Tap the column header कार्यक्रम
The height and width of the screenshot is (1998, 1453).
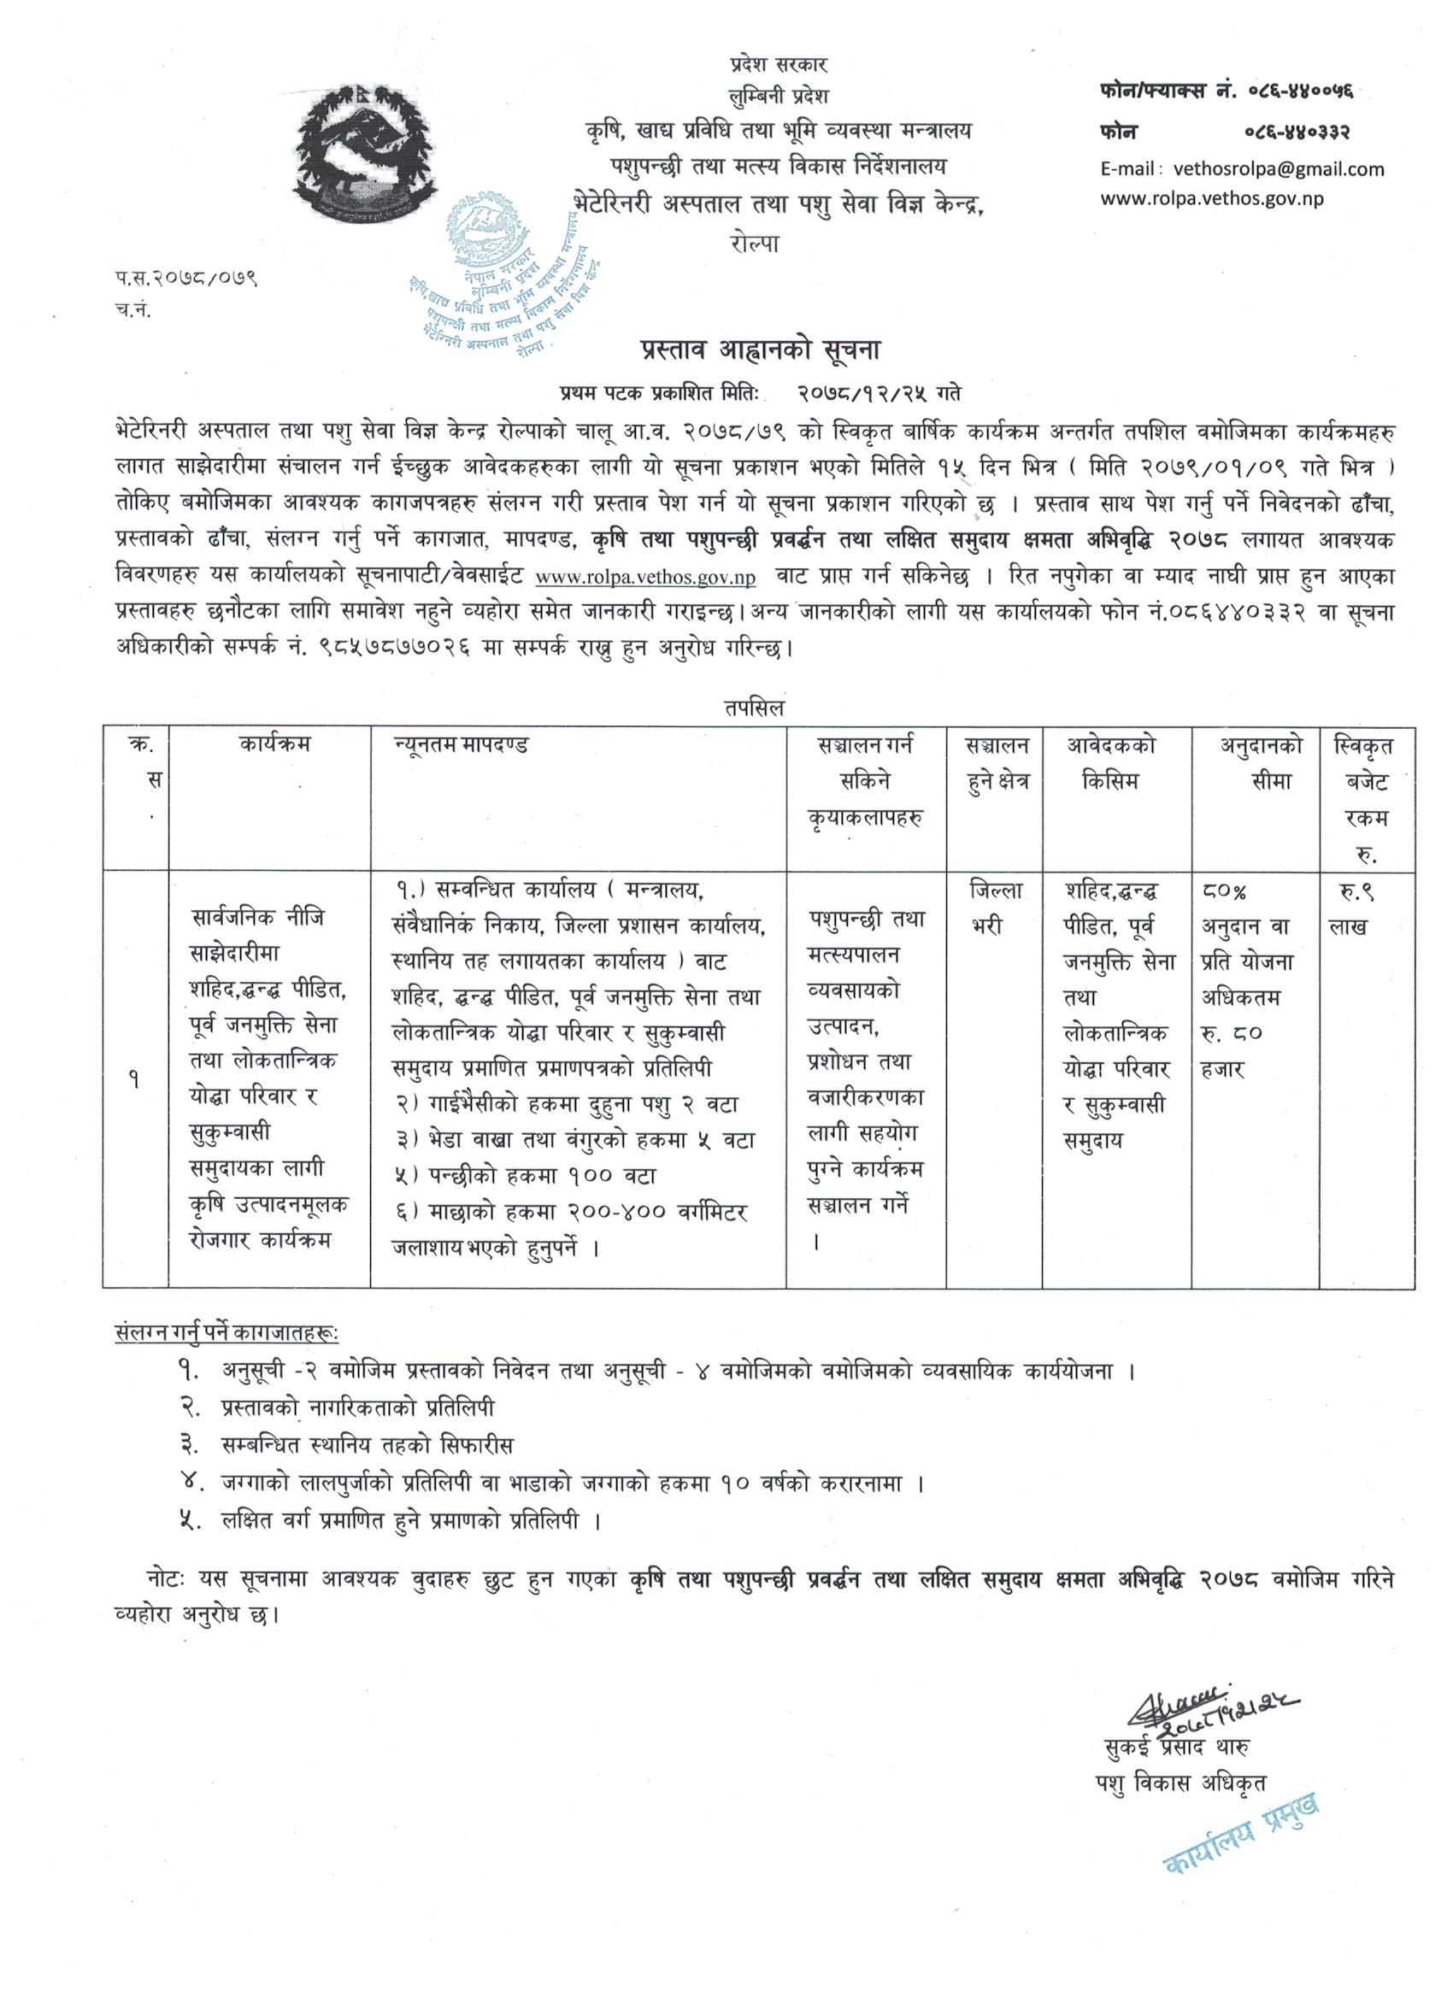pyautogui.click(x=274, y=745)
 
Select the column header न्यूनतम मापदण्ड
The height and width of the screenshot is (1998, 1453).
pyautogui.click(x=460, y=745)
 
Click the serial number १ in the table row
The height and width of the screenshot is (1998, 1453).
pyautogui.click(x=135, y=1079)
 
